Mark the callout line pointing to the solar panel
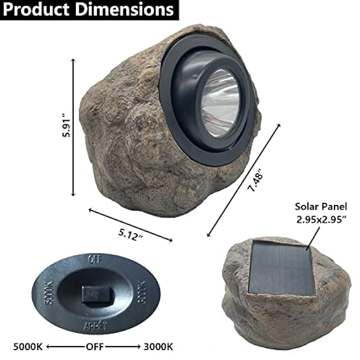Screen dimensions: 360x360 (x=312, y=237)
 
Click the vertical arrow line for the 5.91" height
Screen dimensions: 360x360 (x=73, y=127)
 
